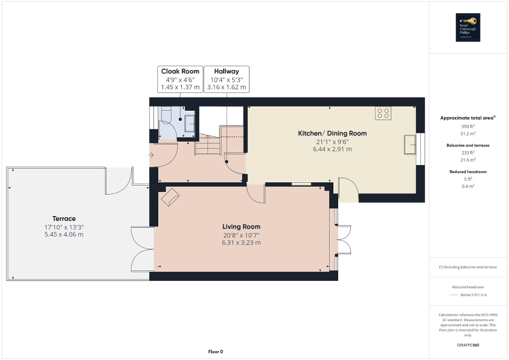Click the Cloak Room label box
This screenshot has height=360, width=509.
tap(180, 80)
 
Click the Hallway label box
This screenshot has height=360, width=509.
tap(226, 80)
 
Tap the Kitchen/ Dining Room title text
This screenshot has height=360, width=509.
tap(332, 133)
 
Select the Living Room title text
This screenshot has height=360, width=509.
tap(241, 227)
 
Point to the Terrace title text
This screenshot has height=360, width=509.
tap(64, 218)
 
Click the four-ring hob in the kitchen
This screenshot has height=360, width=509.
tap(383, 113)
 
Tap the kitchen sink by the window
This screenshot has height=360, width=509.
tap(410, 145)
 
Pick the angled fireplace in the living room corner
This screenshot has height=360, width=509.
tap(170, 198)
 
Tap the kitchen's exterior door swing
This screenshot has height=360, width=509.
tap(348, 190)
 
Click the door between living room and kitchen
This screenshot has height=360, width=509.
tap(256, 193)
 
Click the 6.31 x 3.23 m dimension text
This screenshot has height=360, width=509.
tap(241, 243)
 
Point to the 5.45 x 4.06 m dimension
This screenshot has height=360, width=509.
tap(64, 235)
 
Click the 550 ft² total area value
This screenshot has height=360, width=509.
tap(468, 127)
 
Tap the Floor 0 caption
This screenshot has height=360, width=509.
tap(215, 352)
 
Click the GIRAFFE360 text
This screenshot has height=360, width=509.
tap(468, 345)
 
